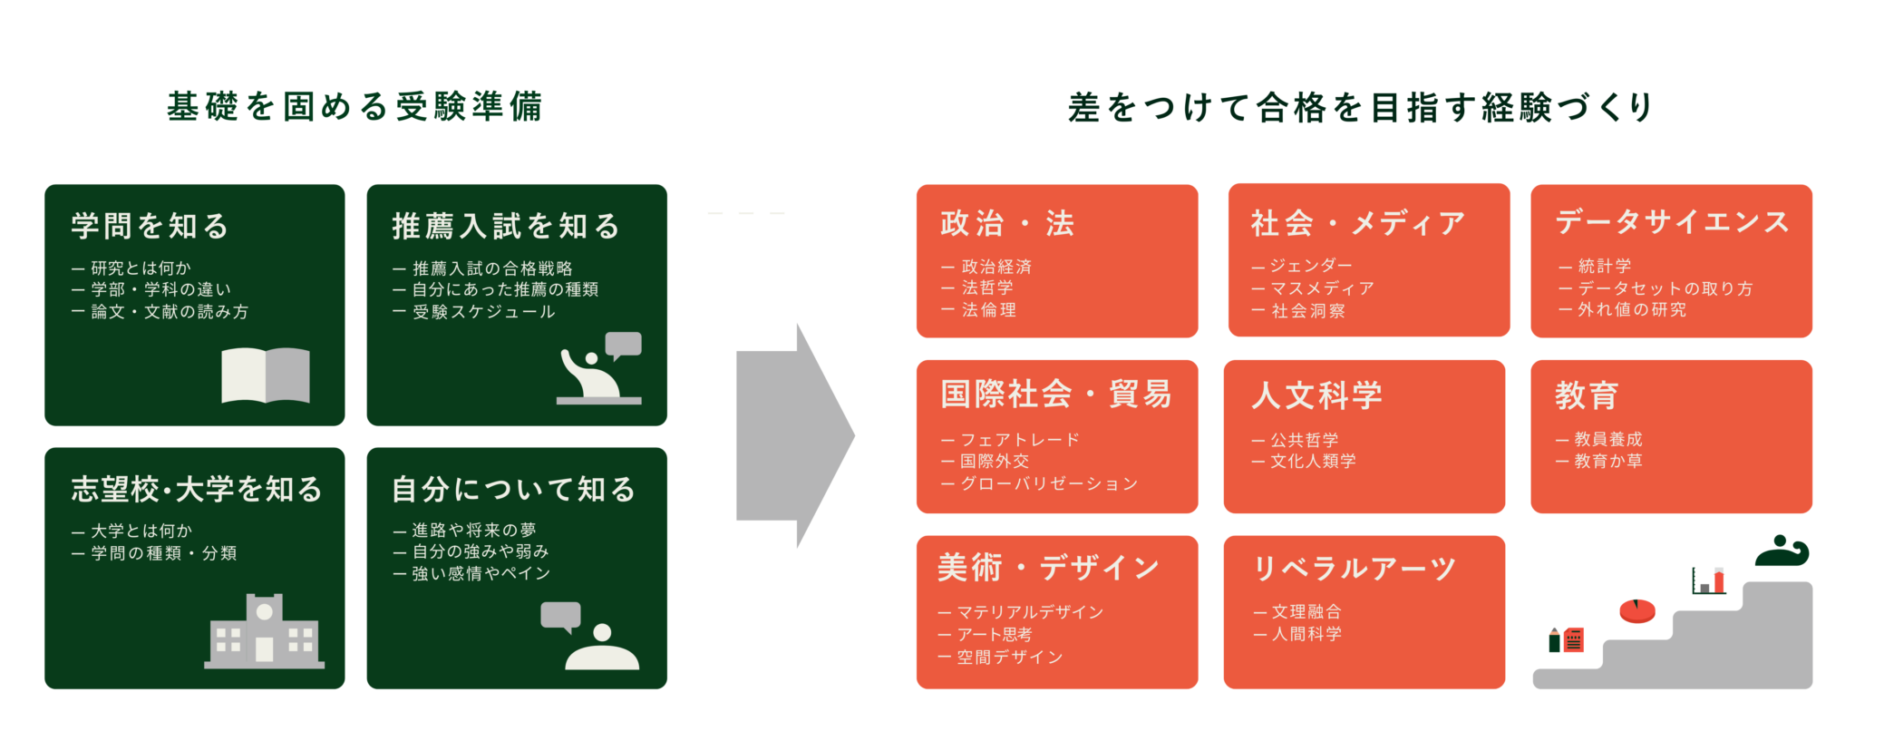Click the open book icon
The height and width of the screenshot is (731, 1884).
point(266,375)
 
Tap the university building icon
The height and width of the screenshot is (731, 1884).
point(264,632)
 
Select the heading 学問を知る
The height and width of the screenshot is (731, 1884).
point(151,226)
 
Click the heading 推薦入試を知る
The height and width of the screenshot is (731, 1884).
point(506,226)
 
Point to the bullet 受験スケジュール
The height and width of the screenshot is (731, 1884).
point(483,312)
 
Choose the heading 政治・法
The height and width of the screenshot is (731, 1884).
point(1007,223)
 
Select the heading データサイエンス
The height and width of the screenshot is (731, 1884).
point(1672,222)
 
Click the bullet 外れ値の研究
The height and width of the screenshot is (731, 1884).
point(1631,310)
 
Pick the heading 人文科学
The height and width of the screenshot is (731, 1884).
point(1316,395)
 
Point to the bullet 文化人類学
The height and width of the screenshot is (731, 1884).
point(1313,462)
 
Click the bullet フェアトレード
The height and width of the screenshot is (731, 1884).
point(1019,440)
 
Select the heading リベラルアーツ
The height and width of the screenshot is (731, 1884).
point(1354,569)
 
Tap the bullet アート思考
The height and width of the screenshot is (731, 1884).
point(994,635)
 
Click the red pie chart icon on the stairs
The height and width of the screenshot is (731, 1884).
point(1637,610)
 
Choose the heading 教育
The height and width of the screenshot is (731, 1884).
point(1587,395)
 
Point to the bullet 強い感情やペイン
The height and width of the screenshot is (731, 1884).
point(481,574)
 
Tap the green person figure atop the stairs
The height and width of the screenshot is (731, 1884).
point(1782,551)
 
